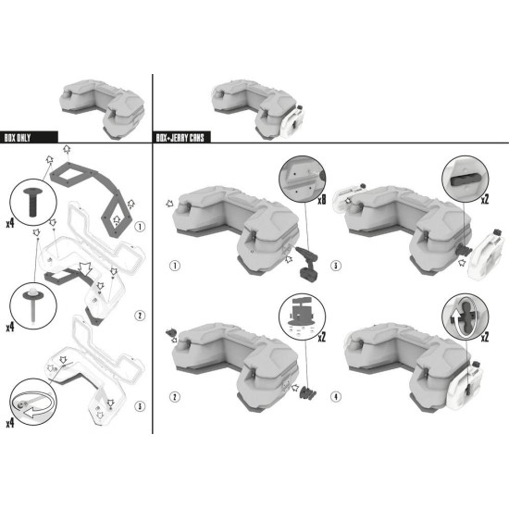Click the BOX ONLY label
coord(18,138)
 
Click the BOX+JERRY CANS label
coord(180,138)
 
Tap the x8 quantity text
coord(321,200)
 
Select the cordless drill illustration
coord(307,264)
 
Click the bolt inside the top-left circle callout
coord(33,202)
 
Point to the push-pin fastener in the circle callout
coord(33,306)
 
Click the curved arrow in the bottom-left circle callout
coord(31,405)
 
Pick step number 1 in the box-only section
coord(140,227)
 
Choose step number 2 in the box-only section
coord(140,316)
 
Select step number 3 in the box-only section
coord(140,406)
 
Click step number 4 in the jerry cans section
coord(336,396)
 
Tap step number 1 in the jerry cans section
coord(175,266)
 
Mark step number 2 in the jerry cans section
coord(175,397)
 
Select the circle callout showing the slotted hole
coord(465,180)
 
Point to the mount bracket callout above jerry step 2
coord(303,317)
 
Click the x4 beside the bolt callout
coord(10,224)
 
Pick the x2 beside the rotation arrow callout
coord(485,338)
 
